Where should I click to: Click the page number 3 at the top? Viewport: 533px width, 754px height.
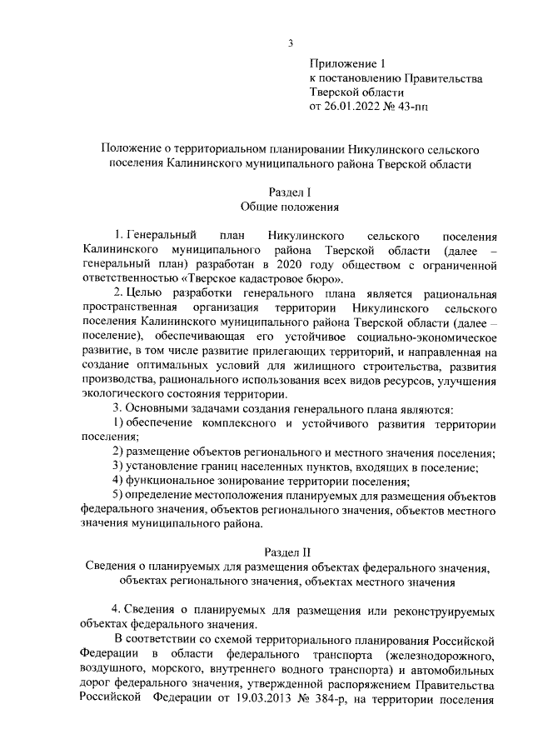(291, 43)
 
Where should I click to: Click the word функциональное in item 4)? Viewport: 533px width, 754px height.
(175, 481)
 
